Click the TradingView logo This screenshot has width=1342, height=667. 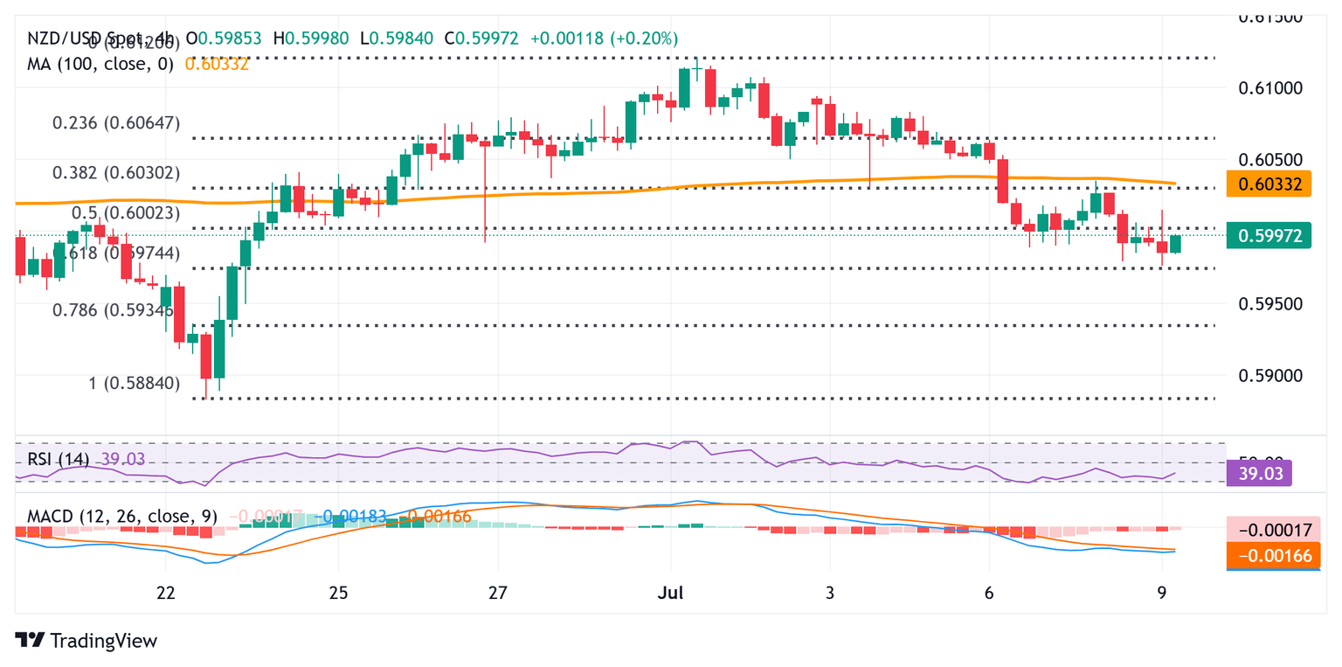click(86, 640)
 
